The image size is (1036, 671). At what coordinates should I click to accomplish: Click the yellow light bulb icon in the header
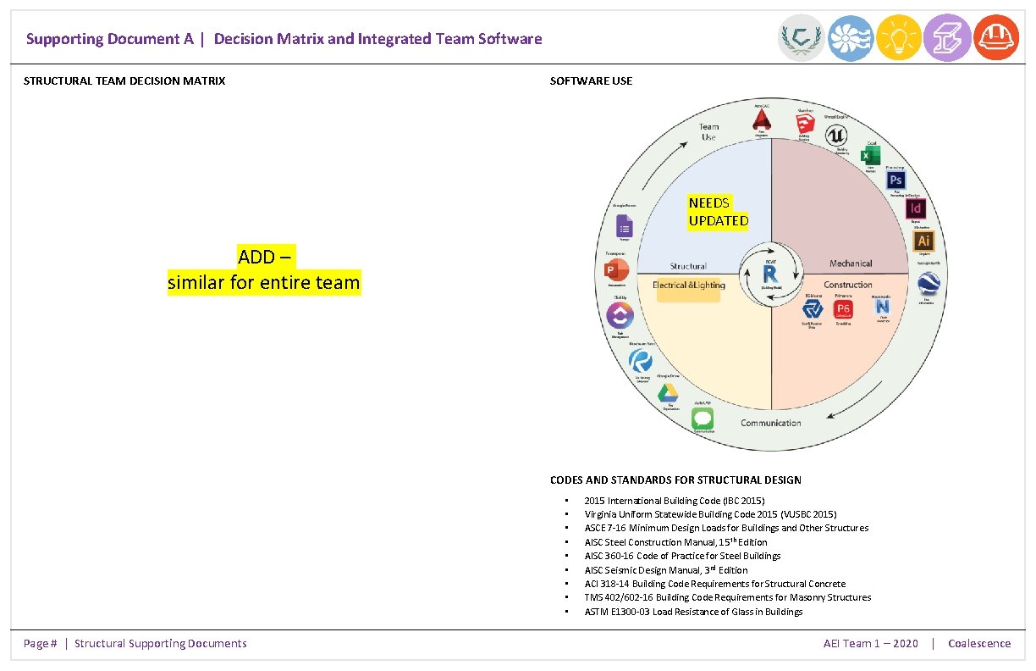tap(899, 38)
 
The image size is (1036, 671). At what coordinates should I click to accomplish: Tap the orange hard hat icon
tap(996, 38)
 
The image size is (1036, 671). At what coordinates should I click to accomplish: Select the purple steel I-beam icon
tap(947, 38)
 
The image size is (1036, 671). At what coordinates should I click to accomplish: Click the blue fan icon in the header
tap(850, 38)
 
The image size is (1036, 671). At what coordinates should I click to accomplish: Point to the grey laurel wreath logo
tap(801, 38)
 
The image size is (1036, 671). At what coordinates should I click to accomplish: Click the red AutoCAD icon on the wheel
tap(762, 121)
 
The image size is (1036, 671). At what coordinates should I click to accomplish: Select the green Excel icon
tap(870, 156)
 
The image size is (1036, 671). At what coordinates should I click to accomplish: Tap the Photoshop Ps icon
tap(895, 180)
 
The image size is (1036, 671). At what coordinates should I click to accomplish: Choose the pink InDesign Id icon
tap(915, 208)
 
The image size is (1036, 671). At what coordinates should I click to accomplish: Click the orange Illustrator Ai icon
tap(923, 241)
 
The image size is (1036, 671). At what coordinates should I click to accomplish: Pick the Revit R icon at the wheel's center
tap(770, 274)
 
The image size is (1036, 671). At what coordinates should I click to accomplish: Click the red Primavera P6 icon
tap(843, 309)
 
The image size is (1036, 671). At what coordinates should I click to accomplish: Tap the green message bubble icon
tap(702, 419)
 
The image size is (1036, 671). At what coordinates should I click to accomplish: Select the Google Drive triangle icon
tap(668, 392)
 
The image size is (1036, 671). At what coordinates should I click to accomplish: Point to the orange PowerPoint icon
tap(616, 270)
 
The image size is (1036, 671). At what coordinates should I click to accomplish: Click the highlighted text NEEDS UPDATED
tap(718, 212)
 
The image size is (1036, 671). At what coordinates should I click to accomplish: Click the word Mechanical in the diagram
tap(851, 263)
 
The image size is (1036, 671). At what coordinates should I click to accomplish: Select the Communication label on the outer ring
tap(770, 423)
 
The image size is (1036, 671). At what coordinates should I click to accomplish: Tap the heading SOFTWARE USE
tap(591, 81)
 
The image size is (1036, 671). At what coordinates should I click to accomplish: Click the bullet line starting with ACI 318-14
tap(714, 584)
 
